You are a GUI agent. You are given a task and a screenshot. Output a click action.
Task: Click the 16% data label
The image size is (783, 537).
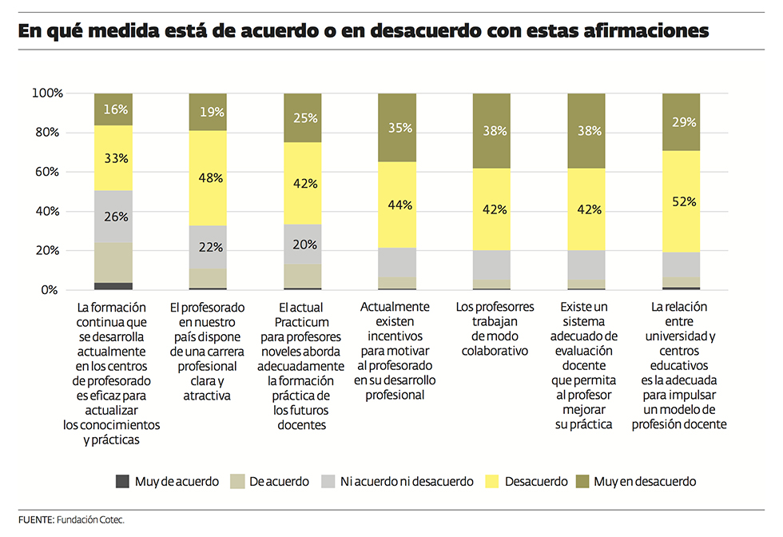point(113,109)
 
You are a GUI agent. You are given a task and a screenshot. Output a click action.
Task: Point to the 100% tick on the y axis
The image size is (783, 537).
point(47,93)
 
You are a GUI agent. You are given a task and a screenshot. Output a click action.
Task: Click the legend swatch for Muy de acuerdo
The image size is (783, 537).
point(122,481)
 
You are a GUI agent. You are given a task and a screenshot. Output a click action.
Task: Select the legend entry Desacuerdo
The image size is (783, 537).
point(535,481)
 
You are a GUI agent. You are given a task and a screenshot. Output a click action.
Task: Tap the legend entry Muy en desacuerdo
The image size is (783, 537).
point(644,481)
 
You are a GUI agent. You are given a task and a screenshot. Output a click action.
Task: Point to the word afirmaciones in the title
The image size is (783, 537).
point(630,32)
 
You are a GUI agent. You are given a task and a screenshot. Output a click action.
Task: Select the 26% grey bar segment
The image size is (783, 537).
point(113,217)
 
